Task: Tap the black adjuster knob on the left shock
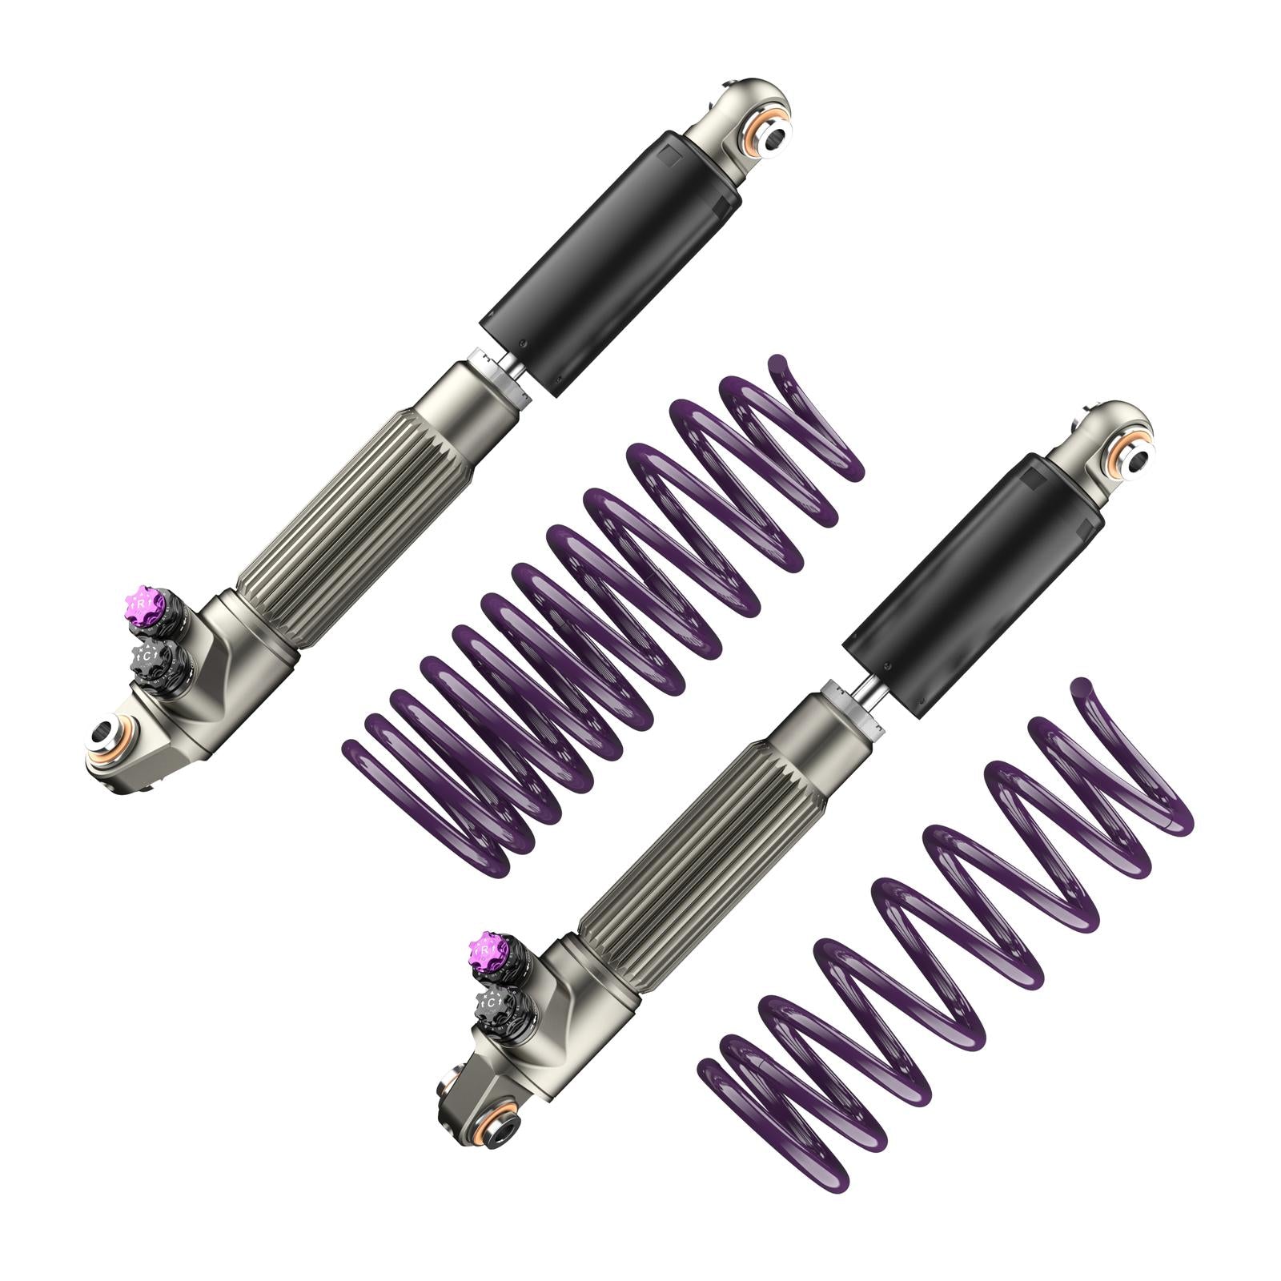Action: click(x=151, y=657)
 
